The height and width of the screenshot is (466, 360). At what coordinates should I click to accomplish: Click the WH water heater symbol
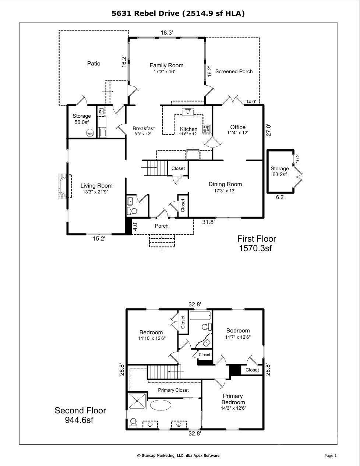pyautogui.click(x=90, y=134)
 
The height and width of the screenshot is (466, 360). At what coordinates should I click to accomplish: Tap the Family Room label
pyautogui.click(x=166, y=65)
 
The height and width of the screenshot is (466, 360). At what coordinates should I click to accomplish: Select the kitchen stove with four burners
pyautogui.click(x=207, y=129)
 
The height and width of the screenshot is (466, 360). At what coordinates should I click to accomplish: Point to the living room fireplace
pyautogui.click(x=63, y=186)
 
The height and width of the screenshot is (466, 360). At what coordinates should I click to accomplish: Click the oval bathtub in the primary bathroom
pyautogui.click(x=160, y=405)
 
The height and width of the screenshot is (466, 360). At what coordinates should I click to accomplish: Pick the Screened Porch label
pyautogui.click(x=234, y=71)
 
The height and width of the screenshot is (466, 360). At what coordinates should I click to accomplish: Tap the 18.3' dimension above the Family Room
pyautogui.click(x=167, y=33)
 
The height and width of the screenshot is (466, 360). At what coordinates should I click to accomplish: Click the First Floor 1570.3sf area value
pyautogui.click(x=255, y=248)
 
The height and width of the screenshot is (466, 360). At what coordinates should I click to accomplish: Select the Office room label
pyautogui.click(x=238, y=127)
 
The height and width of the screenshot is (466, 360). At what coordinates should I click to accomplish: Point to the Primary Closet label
pyautogui.click(x=173, y=390)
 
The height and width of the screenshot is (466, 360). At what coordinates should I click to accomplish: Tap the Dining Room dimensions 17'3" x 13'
pyautogui.click(x=225, y=191)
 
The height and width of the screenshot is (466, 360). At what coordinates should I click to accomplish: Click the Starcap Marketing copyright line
pyautogui.click(x=178, y=455)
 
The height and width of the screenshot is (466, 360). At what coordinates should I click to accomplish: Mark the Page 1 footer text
pyautogui.click(x=331, y=455)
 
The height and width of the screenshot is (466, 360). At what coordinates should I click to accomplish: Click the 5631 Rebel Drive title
pyautogui.click(x=178, y=13)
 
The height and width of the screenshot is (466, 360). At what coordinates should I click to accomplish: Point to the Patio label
pyautogui.click(x=94, y=64)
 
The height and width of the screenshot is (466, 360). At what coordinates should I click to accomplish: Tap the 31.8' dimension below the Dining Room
pyautogui.click(x=208, y=222)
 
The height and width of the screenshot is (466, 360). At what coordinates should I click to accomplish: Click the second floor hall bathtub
pyautogui.click(x=201, y=316)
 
